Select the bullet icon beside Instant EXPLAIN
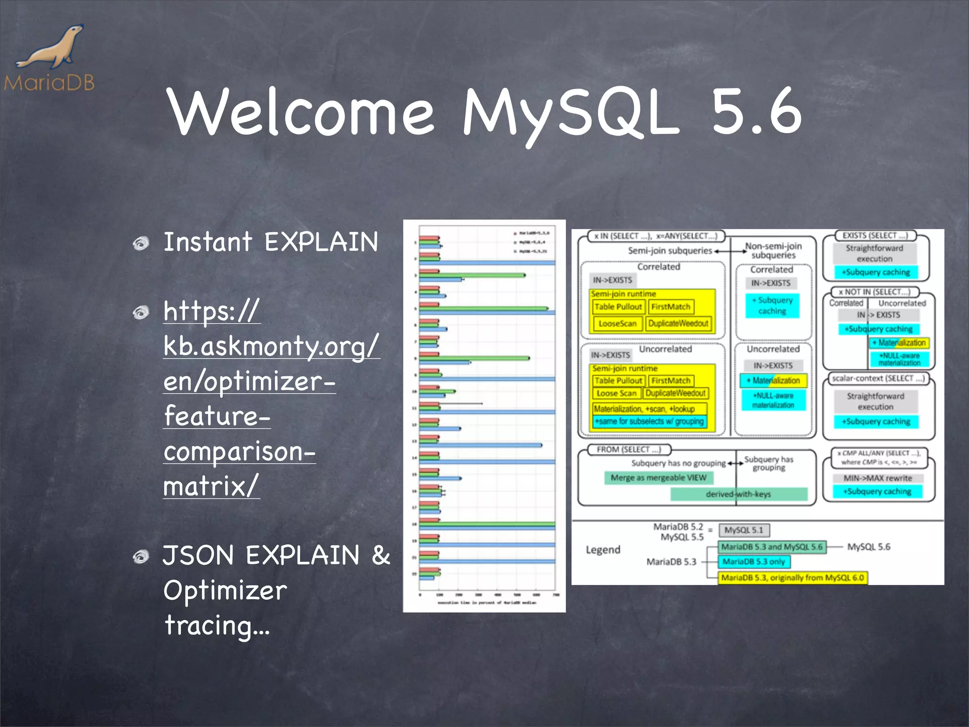coord(141,243)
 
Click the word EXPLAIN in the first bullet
coord(321,242)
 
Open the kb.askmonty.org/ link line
coord(271,346)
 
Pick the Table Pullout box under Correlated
coord(618,307)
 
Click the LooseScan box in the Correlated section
coord(617,324)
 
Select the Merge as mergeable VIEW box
coord(658,478)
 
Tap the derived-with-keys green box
coord(738,494)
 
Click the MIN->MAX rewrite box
coord(878,478)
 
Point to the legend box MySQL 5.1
coord(744,530)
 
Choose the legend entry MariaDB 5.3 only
coord(754,562)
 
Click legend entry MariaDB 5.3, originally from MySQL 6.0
coord(793,578)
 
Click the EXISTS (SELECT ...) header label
coord(875,235)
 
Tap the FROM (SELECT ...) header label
coord(628,449)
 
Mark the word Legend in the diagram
coord(603,550)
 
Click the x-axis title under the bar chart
coord(487,603)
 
